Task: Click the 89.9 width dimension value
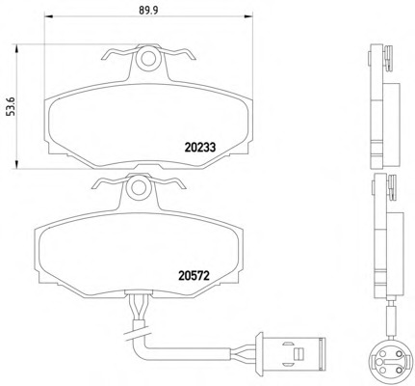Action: tap(148, 11)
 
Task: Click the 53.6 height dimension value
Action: tap(12, 107)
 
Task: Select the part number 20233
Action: tap(200, 148)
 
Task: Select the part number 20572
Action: tap(194, 275)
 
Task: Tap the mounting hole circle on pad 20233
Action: tap(147, 58)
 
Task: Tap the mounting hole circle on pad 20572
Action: tap(138, 187)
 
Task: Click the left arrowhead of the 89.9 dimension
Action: tap(48, 16)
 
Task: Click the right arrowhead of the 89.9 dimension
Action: tap(248, 16)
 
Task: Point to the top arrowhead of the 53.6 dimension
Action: tap(16, 49)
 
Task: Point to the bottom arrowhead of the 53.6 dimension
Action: tap(16, 164)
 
